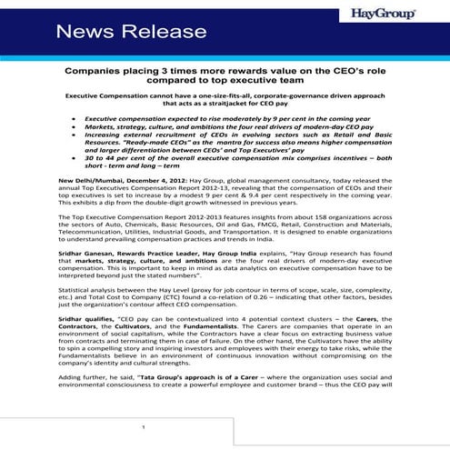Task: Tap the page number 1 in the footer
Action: coord(142,427)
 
